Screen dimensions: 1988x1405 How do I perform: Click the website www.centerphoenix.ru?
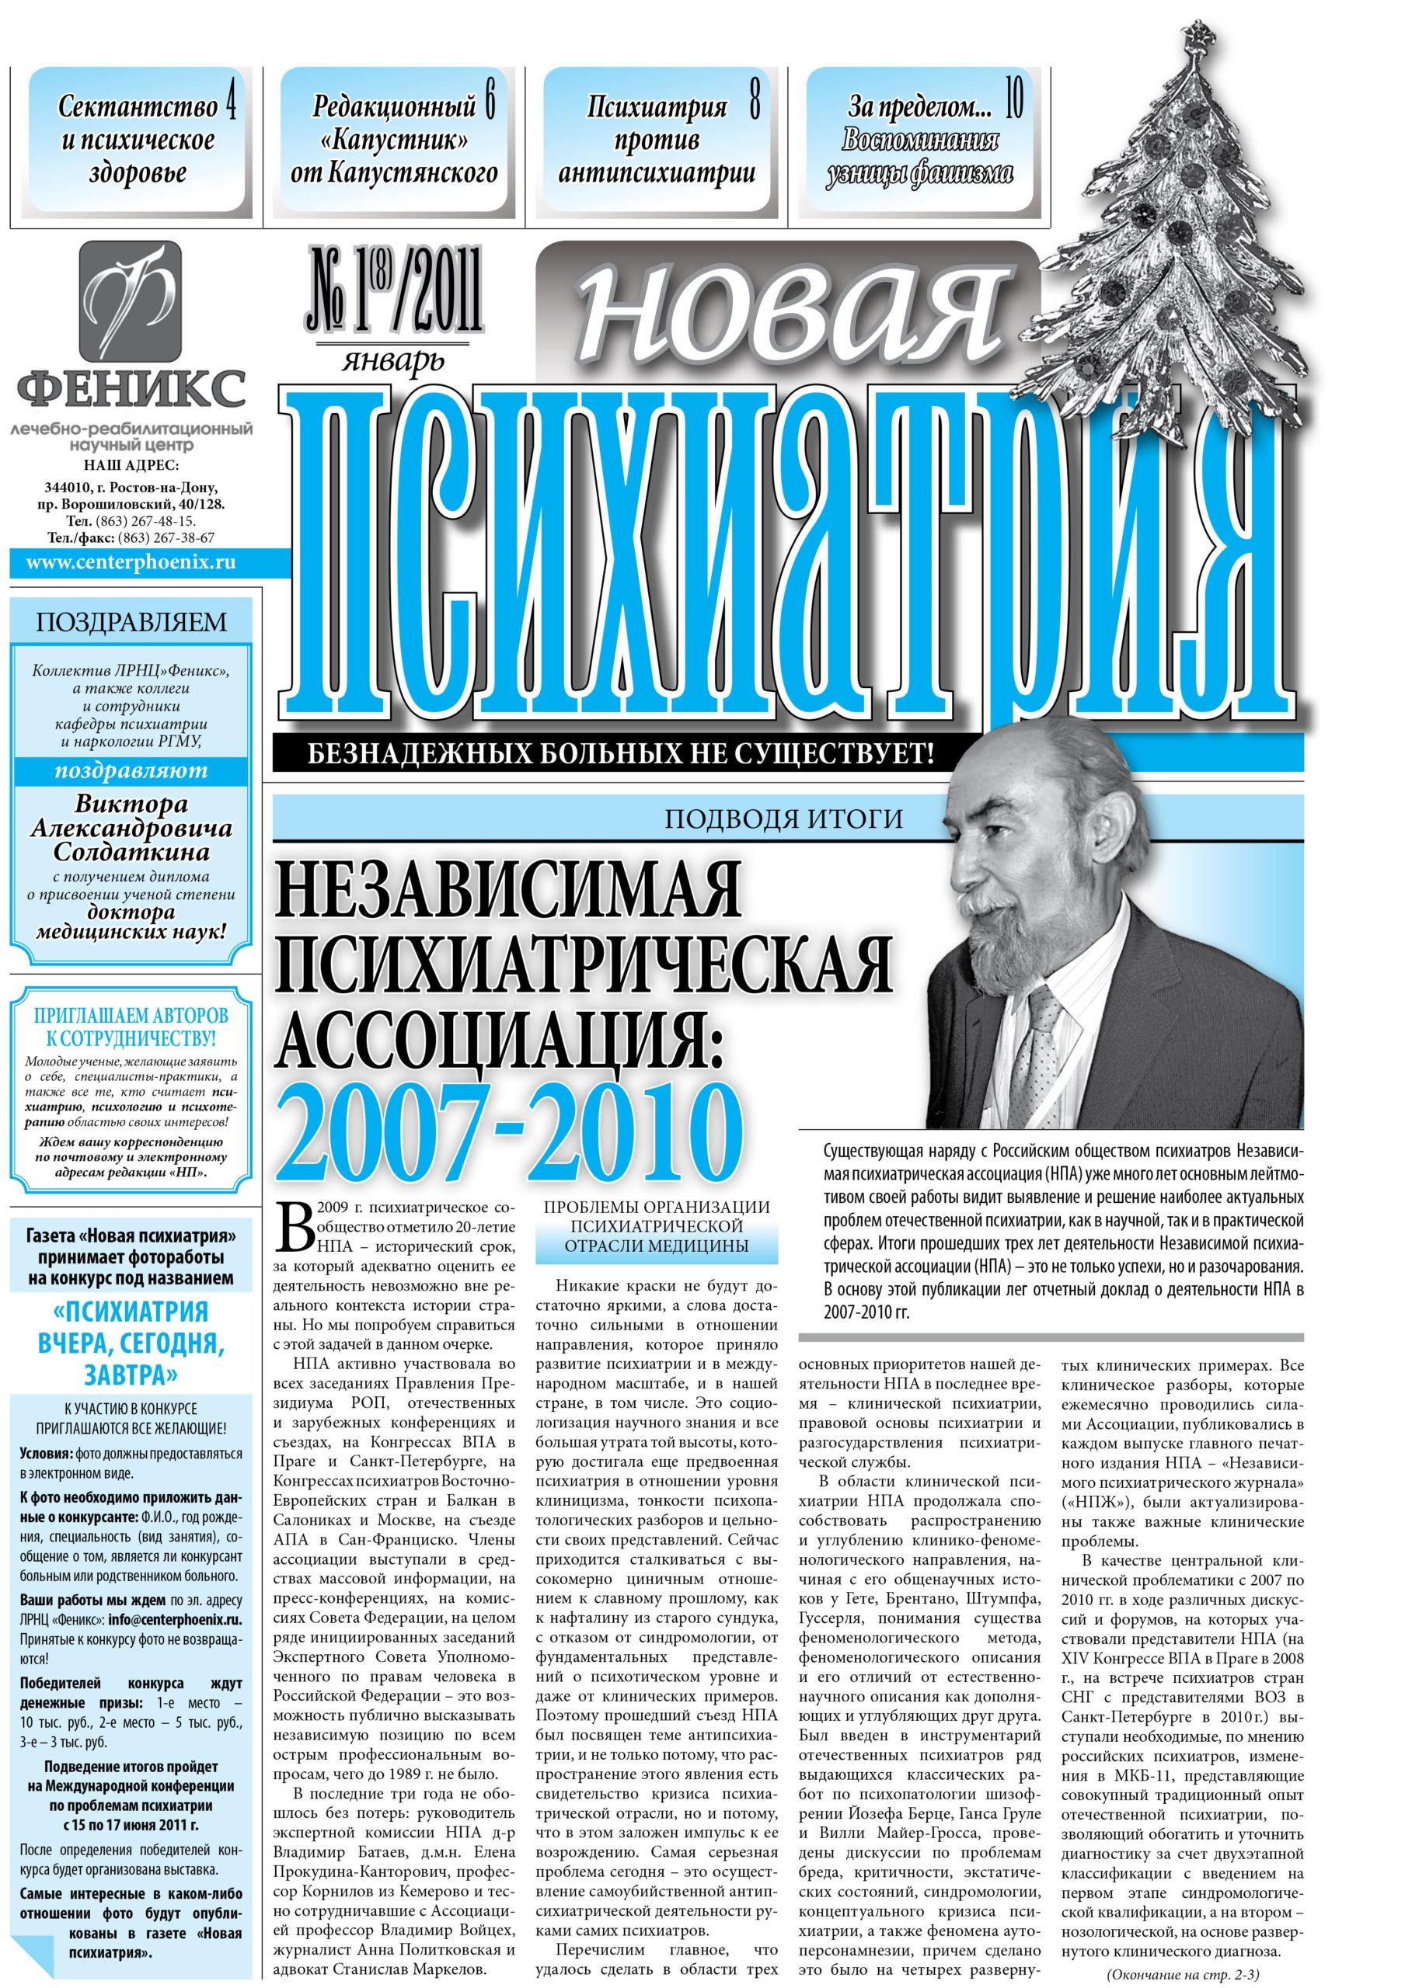(x=131, y=563)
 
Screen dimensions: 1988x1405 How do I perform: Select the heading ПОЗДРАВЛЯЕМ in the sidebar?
(x=131, y=622)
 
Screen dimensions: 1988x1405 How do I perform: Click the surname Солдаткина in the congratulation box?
(x=131, y=852)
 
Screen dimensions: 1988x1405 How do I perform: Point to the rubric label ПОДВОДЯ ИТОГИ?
(x=784, y=818)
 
